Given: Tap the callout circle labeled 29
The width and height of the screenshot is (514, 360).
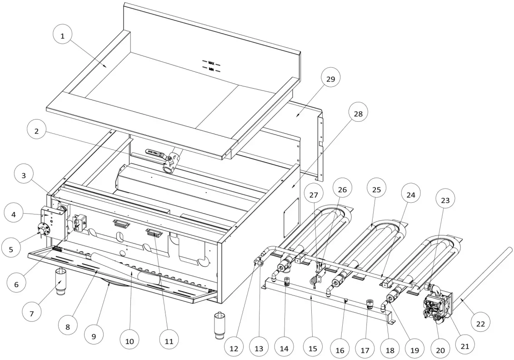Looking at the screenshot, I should click(330, 79).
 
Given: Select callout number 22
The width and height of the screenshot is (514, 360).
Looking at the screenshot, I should click(481, 323).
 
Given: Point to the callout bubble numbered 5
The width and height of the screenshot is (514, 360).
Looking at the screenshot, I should click(17, 249).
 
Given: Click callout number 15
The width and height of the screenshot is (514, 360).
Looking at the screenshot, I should click(312, 348).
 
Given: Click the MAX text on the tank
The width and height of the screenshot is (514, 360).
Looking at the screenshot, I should click(211, 62).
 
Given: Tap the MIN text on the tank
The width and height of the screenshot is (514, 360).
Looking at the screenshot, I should click(211, 70).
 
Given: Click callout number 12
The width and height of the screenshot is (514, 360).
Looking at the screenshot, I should click(234, 348).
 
